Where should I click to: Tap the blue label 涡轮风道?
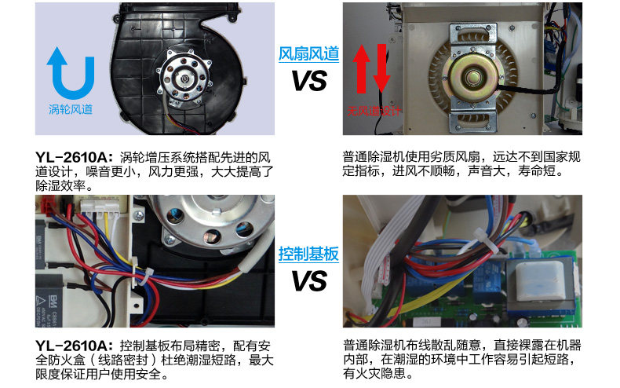71,109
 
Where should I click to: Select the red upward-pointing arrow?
361,68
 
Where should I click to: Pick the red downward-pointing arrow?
381,68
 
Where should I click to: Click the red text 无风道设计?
374,111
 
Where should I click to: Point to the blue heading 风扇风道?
308,54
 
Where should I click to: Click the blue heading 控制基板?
308,254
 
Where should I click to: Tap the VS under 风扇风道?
309,80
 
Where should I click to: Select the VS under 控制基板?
309,280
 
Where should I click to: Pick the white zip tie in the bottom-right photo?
485,239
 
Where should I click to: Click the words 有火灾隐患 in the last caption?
374,373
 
